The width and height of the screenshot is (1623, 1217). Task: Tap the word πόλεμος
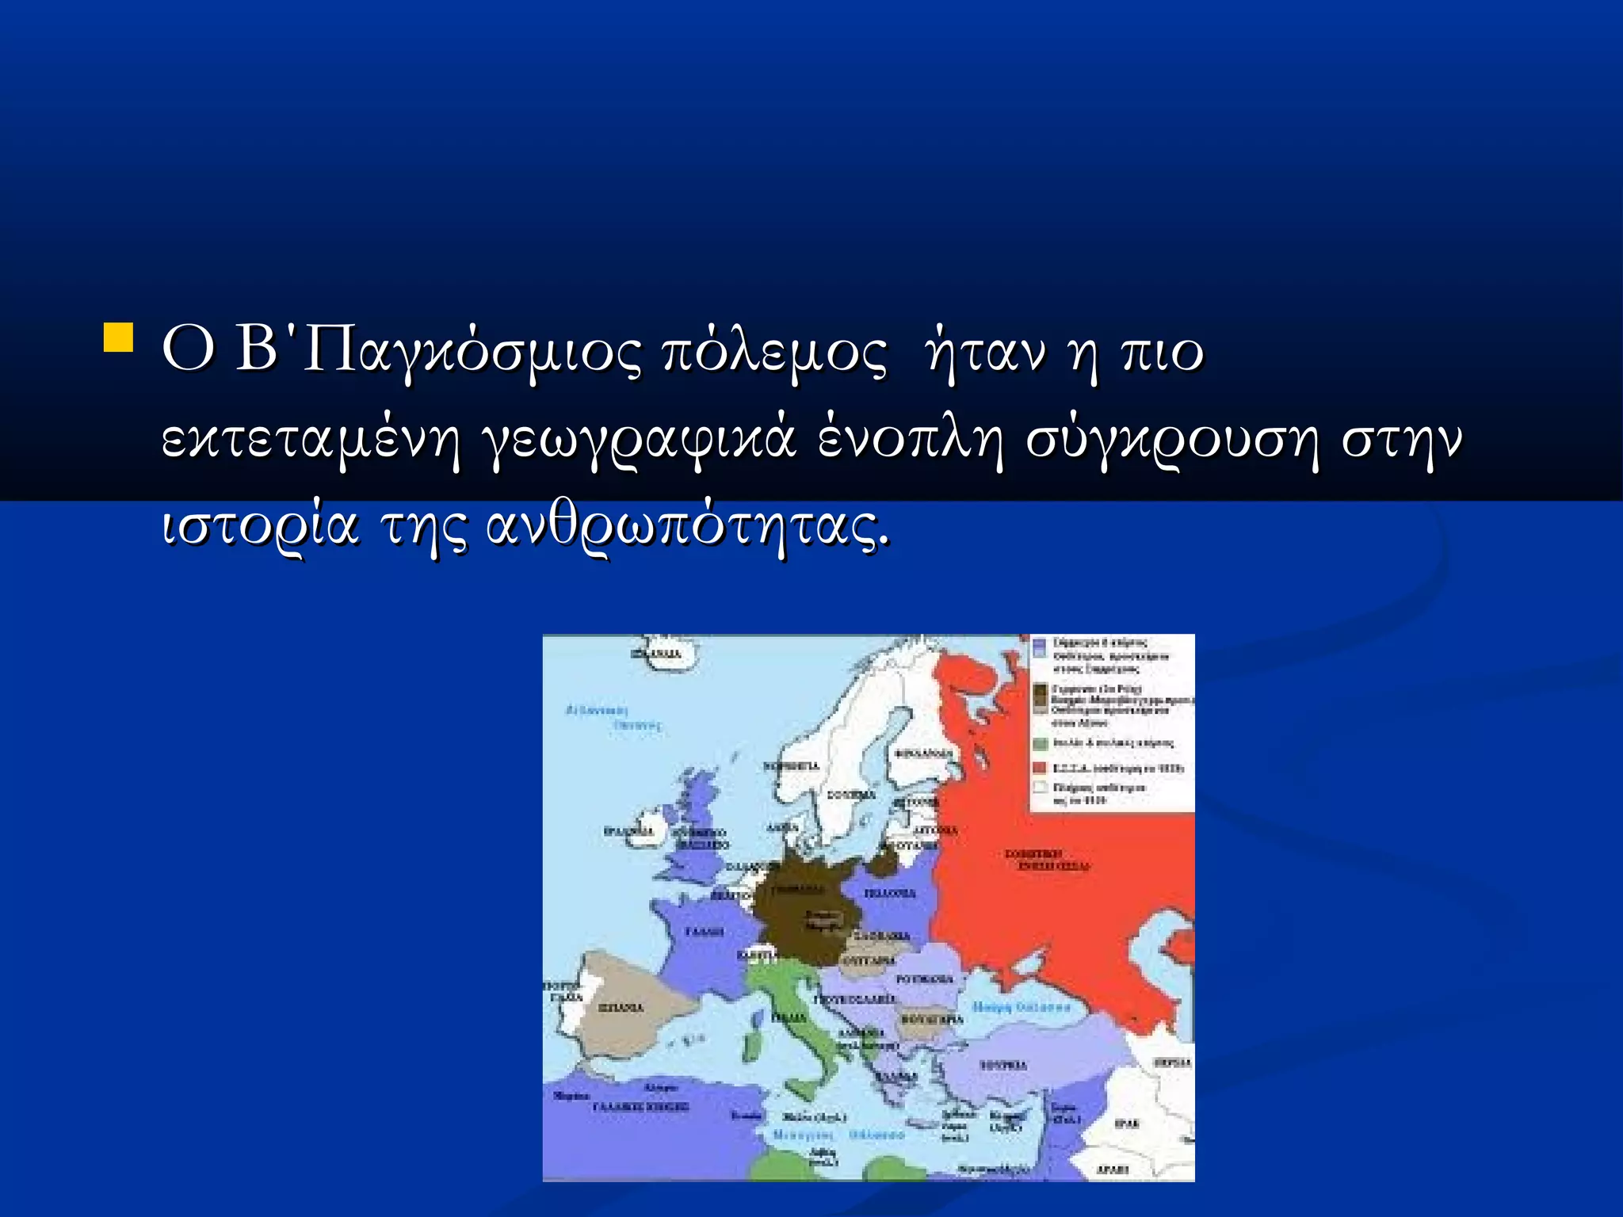click(774, 353)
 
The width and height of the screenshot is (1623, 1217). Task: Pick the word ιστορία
click(260, 527)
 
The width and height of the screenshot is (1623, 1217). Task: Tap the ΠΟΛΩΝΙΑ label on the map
click(889, 893)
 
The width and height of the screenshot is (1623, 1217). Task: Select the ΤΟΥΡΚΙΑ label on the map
click(1003, 1066)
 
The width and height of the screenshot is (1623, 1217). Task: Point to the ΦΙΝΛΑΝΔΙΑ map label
click(925, 753)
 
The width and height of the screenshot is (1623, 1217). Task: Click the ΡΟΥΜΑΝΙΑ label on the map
click(924, 979)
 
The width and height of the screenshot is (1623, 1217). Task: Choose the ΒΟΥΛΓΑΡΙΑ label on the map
click(932, 1019)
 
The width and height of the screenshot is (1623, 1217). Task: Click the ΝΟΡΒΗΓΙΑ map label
click(790, 766)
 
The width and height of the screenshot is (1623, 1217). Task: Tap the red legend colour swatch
click(1041, 768)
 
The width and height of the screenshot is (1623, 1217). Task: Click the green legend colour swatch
click(1041, 743)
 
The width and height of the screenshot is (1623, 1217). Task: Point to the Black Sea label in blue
click(1021, 1007)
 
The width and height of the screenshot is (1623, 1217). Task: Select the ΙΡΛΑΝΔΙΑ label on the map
click(628, 831)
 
